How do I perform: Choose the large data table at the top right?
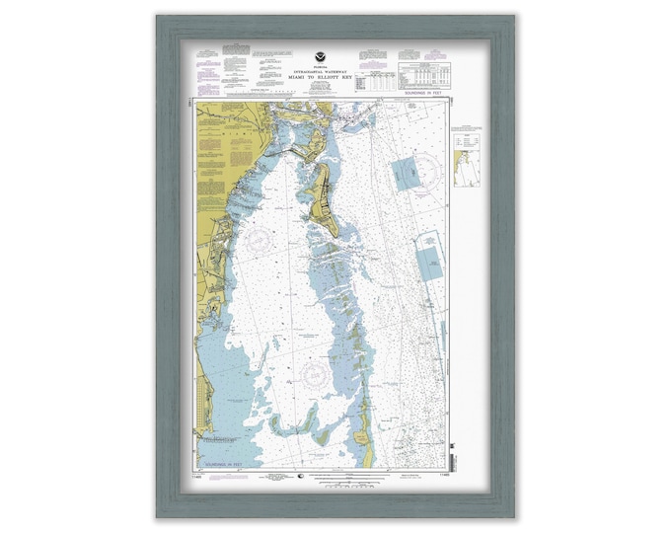[424, 77]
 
